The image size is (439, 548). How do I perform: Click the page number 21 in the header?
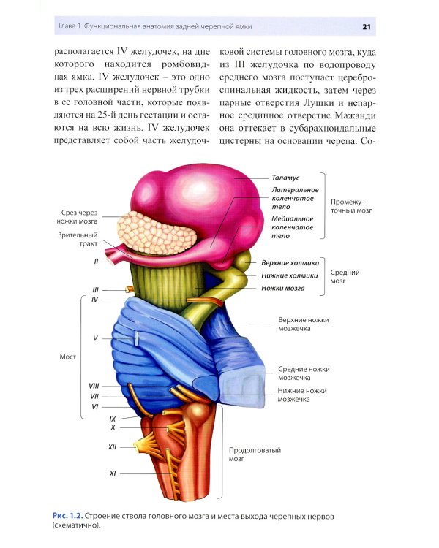367,27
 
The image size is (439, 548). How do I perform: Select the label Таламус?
285,178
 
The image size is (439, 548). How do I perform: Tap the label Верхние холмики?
290,263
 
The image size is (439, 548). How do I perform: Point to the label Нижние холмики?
290,275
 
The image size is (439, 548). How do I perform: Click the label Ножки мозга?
283,289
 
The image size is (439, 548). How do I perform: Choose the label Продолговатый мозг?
255,454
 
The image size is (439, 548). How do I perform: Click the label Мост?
67,357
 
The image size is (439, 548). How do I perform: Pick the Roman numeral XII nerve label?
112,447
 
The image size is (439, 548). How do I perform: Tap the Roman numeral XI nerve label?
113,473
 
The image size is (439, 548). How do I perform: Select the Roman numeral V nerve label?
95,338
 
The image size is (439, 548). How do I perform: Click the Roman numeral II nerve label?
96,261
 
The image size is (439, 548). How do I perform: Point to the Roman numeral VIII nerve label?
94,386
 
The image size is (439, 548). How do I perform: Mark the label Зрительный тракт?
78,240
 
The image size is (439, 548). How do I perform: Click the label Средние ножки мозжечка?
304,373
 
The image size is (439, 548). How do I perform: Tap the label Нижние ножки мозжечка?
302,395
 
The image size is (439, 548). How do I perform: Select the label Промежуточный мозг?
351,206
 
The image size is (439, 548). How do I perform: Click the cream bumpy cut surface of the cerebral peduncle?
156,232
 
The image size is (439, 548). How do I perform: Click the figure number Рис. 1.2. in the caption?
68,516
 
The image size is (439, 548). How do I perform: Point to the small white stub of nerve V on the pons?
136,338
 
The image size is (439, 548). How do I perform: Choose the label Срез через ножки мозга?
77,217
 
